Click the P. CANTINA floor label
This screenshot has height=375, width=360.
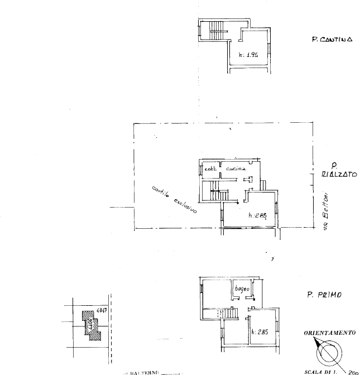332,40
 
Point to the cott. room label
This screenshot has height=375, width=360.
210,168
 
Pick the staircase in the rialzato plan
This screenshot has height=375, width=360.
215,193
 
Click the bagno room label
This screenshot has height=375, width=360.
241,289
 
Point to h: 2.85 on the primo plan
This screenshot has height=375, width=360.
260,332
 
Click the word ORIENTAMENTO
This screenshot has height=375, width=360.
329,333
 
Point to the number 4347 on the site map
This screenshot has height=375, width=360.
101,311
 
